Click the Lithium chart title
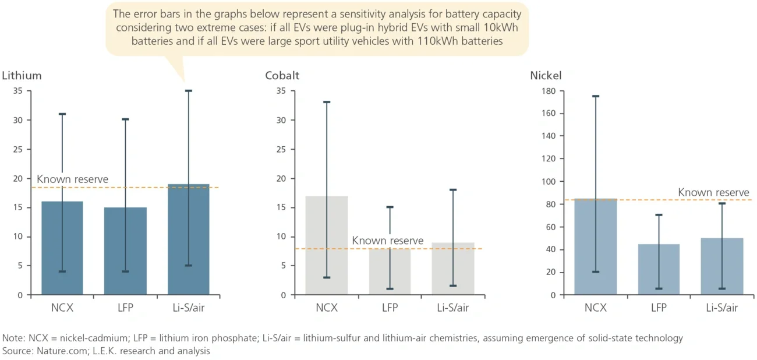tap(22, 76)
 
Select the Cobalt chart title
tap(282, 76)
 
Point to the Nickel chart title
tap(546, 76)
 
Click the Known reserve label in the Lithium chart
tap(72, 179)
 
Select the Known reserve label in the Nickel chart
tap(713, 192)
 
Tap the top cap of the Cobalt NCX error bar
tap(327, 102)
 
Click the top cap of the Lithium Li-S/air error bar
tap(188, 91)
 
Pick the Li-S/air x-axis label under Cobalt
tap(452, 308)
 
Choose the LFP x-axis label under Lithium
tap(125, 308)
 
